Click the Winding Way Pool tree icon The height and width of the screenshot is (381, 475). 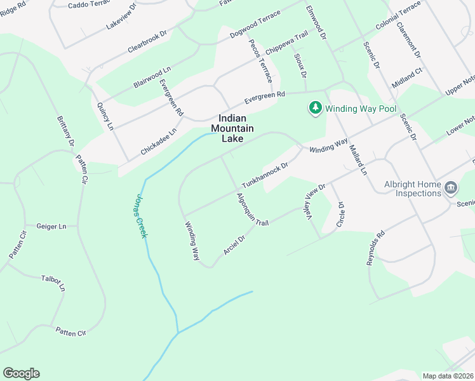pyautogui.click(x=315, y=109)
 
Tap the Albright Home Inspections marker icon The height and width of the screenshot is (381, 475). pyautogui.click(x=450, y=188)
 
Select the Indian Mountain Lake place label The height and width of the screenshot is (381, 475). pyautogui.click(x=236, y=128)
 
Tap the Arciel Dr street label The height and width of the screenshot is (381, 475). pyautogui.click(x=238, y=242)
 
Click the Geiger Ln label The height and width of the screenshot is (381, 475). pyautogui.click(x=51, y=226)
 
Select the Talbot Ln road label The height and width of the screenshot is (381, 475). pyautogui.click(x=53, y=283)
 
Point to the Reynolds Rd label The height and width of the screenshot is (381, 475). pyautogui.click(x=376, y=248)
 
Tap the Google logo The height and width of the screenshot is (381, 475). pyautogui.click(x=21, y=373)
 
